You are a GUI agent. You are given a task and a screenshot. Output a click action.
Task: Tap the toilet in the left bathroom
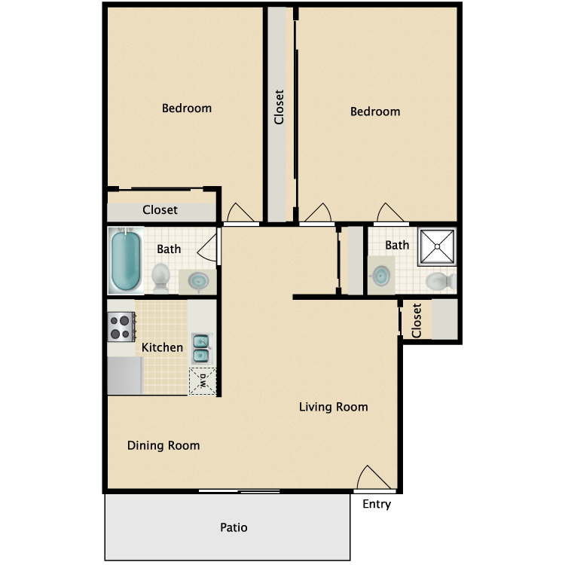pyautogui.click(x=161, y=276)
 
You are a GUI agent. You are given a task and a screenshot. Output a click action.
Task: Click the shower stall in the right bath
pyautogui.click(x=437, y=246)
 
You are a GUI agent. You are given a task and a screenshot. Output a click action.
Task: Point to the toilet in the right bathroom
pyautogui.click(x=438, y=282)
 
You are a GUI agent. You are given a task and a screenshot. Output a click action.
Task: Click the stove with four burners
pyautogui.click(x=121, y=326)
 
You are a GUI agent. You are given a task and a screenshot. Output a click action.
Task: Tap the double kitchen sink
pyautogui.click(x=201, y=347)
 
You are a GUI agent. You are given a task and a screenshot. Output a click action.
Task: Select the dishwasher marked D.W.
pyautogui.click(x=201, y=380)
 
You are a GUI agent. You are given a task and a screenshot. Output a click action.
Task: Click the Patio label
pyautogui.click(x=234, y=527)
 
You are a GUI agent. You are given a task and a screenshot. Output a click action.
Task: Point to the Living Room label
pyautogui.click(x=334, y=408)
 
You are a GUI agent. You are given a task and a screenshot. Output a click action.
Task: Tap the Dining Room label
pyautogui.click(x=163, y=445)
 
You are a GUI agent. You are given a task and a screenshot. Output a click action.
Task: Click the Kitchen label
pyautogui.click(x=163, y=347)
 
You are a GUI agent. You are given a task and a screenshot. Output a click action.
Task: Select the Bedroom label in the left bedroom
pyautogui.click(x=187, y=108)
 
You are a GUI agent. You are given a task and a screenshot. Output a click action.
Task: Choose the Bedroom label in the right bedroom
pyautogui.click(x=375, y=111)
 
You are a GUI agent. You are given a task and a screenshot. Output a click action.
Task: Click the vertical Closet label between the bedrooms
pyautogui.click(x=279, y=108)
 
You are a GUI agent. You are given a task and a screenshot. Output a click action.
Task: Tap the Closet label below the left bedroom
pyautogui.click(x=160, y=209)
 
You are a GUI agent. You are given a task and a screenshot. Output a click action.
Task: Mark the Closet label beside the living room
pyautogui.click(x=417, y=321)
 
